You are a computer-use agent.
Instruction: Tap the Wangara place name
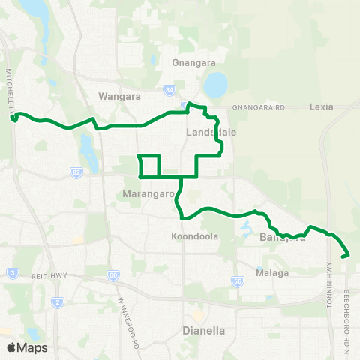point(115,96)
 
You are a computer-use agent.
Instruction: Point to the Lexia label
point(321,106)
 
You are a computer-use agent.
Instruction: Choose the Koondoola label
point(194,235)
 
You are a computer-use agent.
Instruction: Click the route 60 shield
point(112,275)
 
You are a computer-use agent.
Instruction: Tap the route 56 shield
point(237,280)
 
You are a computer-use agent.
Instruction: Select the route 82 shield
point(77,172)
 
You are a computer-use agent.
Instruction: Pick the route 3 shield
point(13,272)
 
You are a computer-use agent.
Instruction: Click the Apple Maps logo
point(27,347)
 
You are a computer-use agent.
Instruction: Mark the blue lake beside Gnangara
point(215,85)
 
